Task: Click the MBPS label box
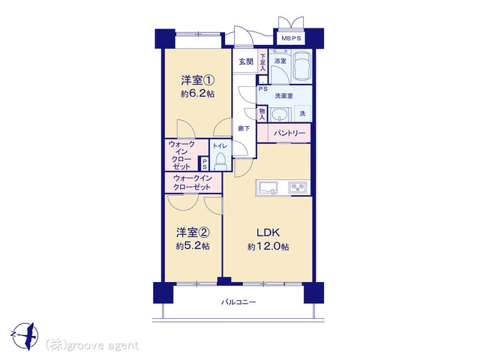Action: pyautogui.click(x=291, y=38)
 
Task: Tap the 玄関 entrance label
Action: pyautogui.click(x=246, y=61)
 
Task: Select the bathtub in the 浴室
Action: pyautogui.click(x=301, y=66)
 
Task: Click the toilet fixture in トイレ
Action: pyautogui.click(x=220, y=161)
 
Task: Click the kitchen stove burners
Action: pyautogui.click(x=297, y=187)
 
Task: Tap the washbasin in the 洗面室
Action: pyautogui.click(x=279, y=115)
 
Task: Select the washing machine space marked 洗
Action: pyautogui.click(x=302, y=114)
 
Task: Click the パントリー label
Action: pyautogui.click(x=289, y=133)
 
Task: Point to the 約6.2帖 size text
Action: pyautogui.click(x=197, y=94)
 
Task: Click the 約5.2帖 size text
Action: pyautogui.click(x=193, y=246)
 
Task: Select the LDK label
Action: pyautogui.click(x=268, y=232)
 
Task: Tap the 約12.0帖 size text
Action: pyautogui.click(x=268, y=247)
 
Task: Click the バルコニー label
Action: pyautogui.click(x=238, y=302)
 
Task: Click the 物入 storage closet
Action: pyautogui.click(x=262, y=114)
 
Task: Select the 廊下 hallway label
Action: pyautogui.click(x=244, y=128)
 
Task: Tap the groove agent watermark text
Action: pyautogui.click(x=91, y=346)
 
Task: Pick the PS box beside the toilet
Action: pyautogui.click(x=204, y=163)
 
